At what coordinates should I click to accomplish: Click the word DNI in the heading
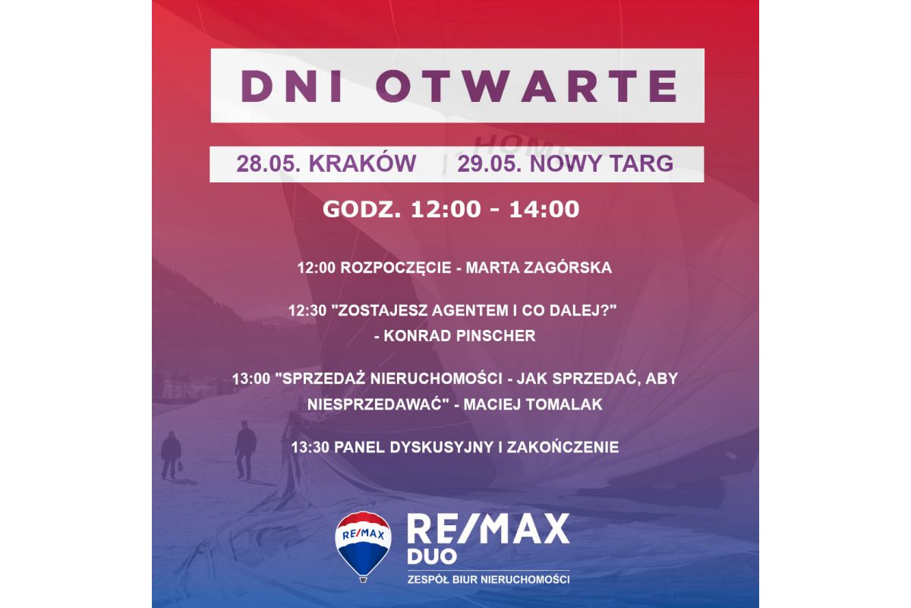click(292, 86)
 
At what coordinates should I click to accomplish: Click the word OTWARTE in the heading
click(527, 86)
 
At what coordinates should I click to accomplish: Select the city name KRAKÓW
click(362, 163)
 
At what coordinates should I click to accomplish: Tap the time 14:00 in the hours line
click(544, 209)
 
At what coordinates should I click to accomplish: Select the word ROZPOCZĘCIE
click(396, 268)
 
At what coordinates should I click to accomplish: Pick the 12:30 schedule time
click(307, 311)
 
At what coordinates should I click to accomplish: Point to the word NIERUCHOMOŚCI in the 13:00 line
click(437, 378)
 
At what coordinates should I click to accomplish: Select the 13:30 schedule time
click(310, 448)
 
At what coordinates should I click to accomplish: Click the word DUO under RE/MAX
click(432, 556)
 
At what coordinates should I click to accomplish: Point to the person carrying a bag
click(170, 455)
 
